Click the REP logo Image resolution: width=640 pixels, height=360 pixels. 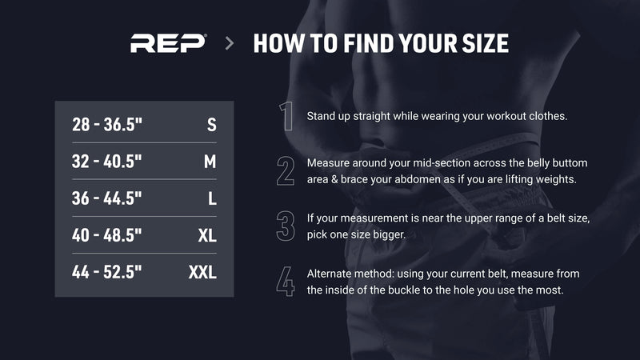[168, 43]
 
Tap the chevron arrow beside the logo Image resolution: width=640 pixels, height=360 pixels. [230, 43]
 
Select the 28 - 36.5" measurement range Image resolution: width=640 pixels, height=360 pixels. [107, 125]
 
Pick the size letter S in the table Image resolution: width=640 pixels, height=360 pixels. [211, 125]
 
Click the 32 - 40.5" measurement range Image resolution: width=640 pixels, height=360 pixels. [107, 162]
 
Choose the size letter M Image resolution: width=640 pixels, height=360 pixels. [210, 162]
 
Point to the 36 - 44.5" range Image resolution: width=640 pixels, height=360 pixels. [107, 198]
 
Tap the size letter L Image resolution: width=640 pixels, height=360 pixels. [212, 198]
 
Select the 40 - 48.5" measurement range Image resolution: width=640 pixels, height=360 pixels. [107, 235]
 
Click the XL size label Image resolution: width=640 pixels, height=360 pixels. [207, 235]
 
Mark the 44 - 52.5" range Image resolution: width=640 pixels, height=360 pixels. [107, 272]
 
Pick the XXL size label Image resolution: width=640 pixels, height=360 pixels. [202, 273]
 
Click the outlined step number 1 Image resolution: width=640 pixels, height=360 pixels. [287, 116]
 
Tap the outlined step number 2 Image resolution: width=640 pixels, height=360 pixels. [286, 171]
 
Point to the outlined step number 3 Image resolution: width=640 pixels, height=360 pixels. [286, 226]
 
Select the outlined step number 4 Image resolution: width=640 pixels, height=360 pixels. [286, 282]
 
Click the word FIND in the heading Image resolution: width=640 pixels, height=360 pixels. [369, 43]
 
